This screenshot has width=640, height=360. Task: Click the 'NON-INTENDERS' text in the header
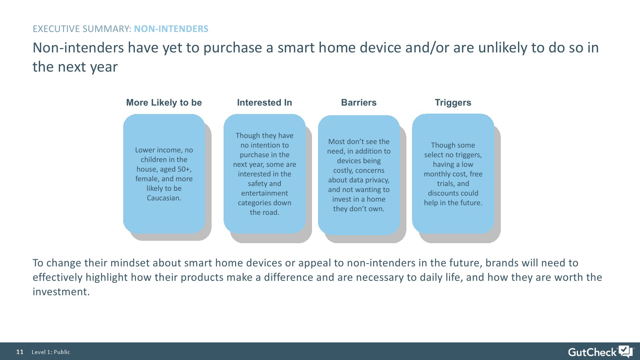click(x=171, y=29)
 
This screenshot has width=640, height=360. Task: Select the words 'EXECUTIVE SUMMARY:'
click(x=82, y=29)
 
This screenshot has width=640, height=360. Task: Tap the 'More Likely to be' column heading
click(x=164, y=102)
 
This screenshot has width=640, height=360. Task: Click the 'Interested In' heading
click(x=264, y=102)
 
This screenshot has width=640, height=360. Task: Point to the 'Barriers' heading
click(x=359, y=102)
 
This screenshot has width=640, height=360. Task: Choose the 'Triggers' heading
click(x=453, y=102)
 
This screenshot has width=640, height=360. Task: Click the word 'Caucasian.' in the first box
click(x=164, y=198)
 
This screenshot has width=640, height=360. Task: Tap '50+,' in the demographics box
click(x=184, y=169)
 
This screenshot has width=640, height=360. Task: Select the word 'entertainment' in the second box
click(x=264, y=193)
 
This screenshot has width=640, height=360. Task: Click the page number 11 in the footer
click(x=20, y=352)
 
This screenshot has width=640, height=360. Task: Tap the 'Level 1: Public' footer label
click(x=51, y=352)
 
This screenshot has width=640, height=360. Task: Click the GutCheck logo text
click(x=592, y=352)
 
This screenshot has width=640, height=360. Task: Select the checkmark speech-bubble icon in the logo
click(x=626, y=351)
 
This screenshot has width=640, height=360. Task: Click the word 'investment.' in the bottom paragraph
click(x=61, y=292)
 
